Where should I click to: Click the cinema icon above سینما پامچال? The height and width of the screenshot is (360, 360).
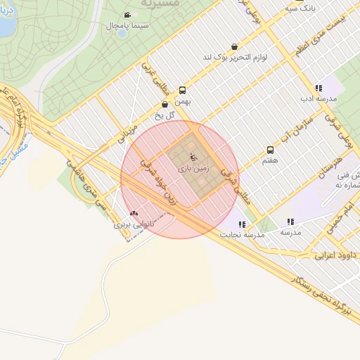click(127, 15)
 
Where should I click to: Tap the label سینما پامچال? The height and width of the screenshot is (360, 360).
click(127, 26)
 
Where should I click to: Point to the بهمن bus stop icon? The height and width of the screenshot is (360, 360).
click(183, 90)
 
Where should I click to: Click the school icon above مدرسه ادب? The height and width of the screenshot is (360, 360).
click(319, 89)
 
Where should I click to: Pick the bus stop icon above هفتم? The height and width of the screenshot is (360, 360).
click(270, 150)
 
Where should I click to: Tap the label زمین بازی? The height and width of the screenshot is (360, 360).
click(193, 170)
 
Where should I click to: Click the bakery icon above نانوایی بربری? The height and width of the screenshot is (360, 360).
click(134, 213)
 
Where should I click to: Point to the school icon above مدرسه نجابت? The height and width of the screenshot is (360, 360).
click(242, 225)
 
